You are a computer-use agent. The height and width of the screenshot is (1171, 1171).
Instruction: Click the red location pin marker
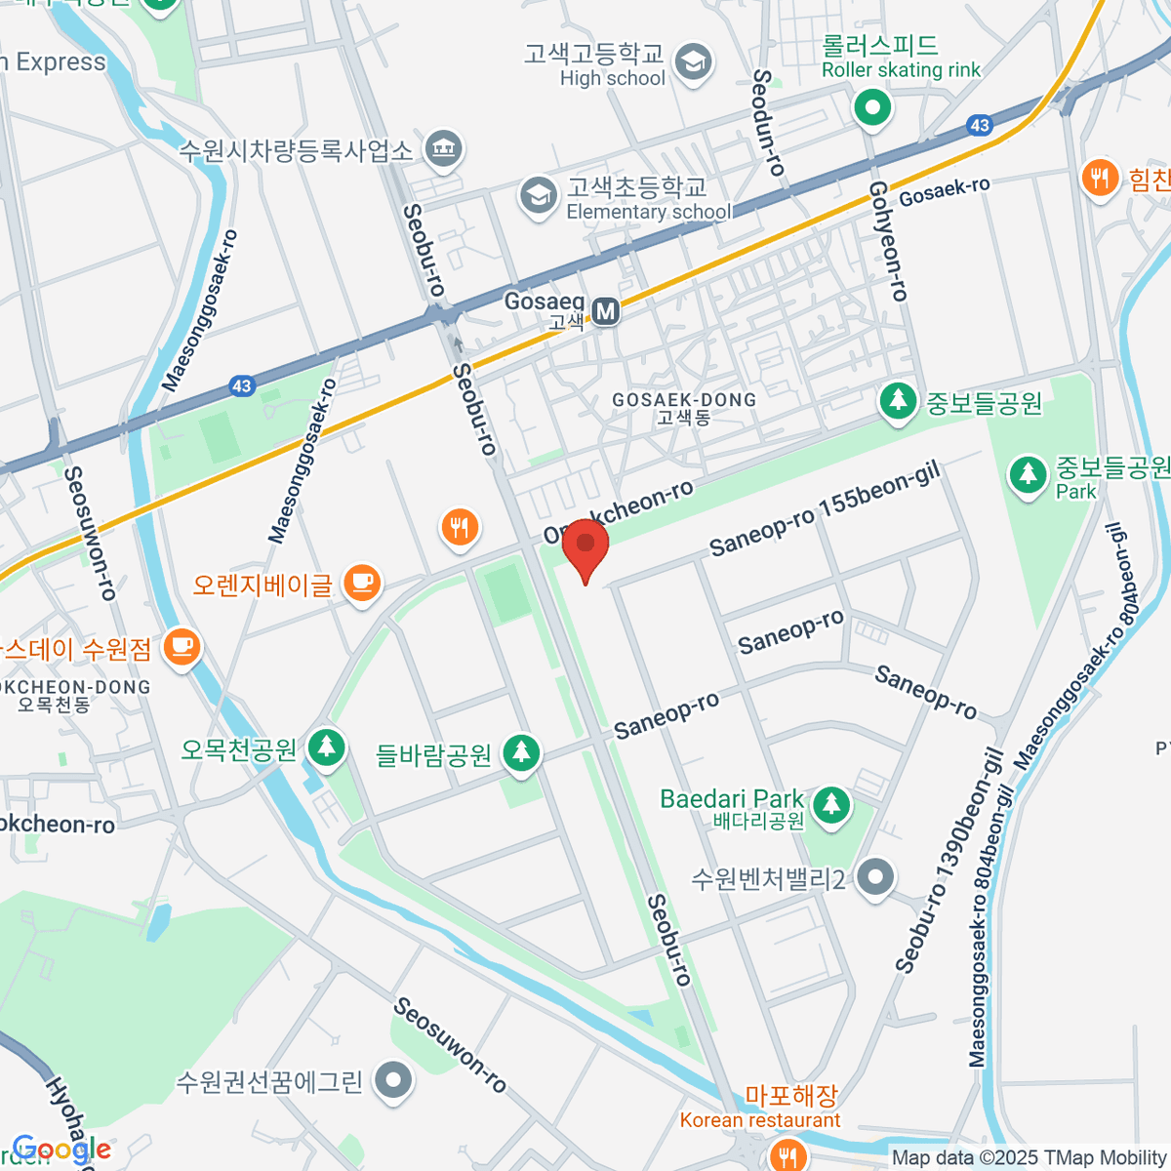tap(585, 546)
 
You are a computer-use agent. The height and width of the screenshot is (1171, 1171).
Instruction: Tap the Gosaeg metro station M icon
tap(606, 311)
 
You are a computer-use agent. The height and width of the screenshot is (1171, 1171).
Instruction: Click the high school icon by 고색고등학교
tap(694, 63)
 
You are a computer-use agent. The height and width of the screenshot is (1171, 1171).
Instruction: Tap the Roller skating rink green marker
tap(872, 107)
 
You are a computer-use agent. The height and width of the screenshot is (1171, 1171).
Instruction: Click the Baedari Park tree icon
tap(830, 806)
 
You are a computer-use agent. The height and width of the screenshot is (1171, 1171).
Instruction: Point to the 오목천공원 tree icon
tap(326, 748)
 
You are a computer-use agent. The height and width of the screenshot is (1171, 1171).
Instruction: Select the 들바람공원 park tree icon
tap(522, 753)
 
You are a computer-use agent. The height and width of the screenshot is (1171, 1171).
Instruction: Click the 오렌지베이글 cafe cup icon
tap(362, 583)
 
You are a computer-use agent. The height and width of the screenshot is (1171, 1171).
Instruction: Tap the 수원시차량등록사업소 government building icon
tap(444, 149)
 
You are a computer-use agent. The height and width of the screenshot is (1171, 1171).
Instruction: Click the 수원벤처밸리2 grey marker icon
tap(875, 877)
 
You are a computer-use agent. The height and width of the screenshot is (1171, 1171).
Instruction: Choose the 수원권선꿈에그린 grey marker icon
tap(394, 1080)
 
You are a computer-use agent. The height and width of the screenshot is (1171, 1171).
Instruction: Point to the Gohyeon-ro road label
tap(888, 240)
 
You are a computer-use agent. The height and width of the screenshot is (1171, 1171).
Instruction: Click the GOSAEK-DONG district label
tap(683, 400)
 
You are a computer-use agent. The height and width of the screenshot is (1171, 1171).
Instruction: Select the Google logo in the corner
tap(61, 1151)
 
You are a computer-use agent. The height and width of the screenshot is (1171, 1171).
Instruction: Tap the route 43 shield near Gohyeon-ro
tap(980, 125)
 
